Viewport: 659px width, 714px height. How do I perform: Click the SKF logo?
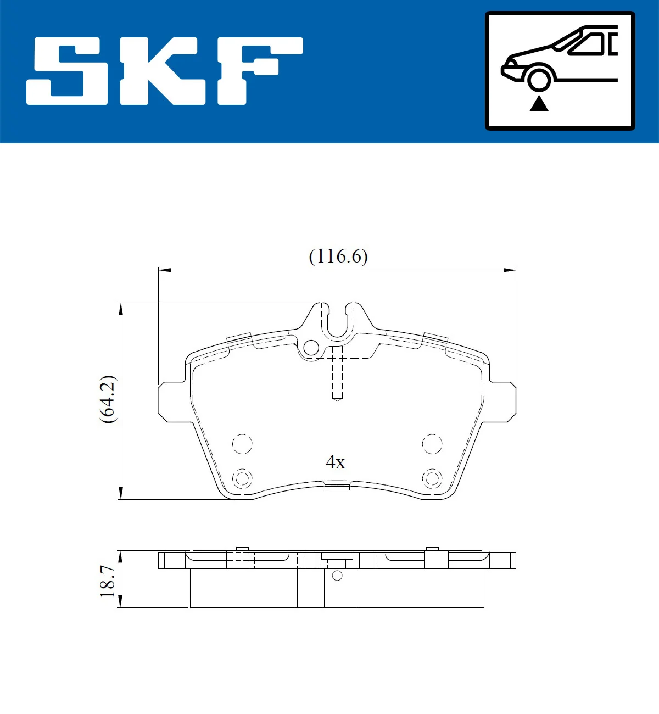pos(165,71)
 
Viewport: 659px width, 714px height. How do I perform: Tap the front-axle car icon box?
pos(560,71)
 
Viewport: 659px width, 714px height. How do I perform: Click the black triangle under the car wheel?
pos(539,103)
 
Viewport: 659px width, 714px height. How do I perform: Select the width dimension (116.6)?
pos(338,256)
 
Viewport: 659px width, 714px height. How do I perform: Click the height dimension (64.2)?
pos(108,399)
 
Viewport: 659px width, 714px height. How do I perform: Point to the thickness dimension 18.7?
pos(108,581)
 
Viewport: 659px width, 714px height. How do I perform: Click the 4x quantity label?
pos(336,462)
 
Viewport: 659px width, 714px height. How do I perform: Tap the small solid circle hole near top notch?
pos(311,347)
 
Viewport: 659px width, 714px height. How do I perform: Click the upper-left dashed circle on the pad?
pos(242,444)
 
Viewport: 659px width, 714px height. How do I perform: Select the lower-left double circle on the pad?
pos(242,478)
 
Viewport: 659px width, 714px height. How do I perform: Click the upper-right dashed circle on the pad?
pos(432,444)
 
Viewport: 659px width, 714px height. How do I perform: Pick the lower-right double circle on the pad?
pos(432,478)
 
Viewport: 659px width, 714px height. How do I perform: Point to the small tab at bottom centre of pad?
pos(337,487)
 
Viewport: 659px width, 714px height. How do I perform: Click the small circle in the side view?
pos(337,576)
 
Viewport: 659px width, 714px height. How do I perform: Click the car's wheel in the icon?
pos(539,79)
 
